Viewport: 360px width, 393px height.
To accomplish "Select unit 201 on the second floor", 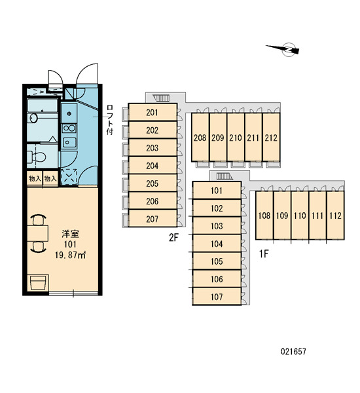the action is point(153,112).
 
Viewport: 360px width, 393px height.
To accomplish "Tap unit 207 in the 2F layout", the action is point(153,219).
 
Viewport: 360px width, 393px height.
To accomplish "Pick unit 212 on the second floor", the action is point(271,138).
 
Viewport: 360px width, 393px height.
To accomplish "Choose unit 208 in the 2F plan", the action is point(200,138).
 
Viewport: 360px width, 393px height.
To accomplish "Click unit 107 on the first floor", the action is point(217,297).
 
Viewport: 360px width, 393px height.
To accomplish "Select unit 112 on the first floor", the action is point(335,215).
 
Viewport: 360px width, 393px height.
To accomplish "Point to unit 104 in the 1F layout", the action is point(217,244).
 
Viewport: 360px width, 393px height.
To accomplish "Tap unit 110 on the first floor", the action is point(300,215).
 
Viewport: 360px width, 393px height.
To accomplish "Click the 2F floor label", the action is point(173,238).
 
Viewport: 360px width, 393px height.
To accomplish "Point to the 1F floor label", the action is point(264,254).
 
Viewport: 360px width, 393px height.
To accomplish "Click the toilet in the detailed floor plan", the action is point(37,157).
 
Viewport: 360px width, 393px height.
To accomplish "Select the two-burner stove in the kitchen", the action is point(69,128).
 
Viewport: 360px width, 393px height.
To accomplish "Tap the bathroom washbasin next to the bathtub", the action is point(33,117).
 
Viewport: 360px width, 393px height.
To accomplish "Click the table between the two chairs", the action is point(37,233).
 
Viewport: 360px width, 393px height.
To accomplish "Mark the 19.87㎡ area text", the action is point(71,255).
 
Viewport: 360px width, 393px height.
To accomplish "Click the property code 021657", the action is point(293,351).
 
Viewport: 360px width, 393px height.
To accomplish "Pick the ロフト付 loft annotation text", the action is point(110,120).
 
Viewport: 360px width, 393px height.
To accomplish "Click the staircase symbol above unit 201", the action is point(160,98).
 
